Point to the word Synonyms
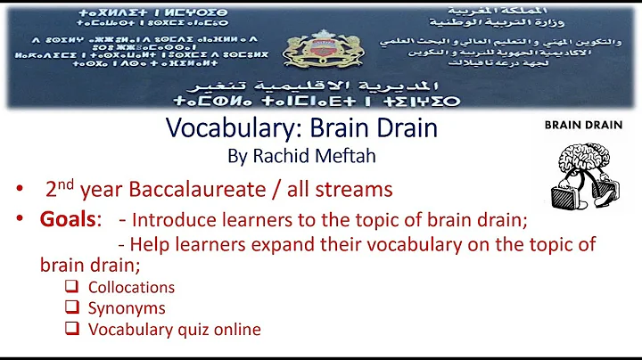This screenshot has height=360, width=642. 126,308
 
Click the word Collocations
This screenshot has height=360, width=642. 131,288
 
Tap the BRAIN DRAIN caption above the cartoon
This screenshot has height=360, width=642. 583,126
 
